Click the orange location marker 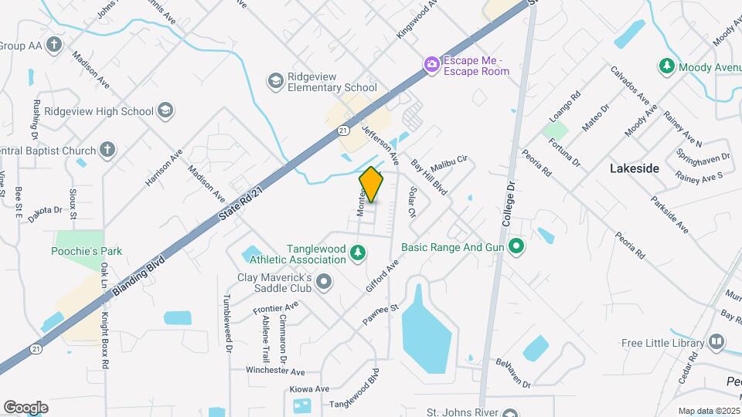(x=372, y=185)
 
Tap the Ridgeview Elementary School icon (x=275, y=80)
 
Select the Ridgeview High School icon (x=164, y=111)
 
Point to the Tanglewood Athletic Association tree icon (x=357, y=253)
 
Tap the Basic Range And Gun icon (x=516, y=248)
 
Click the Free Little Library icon (x=716, y=342)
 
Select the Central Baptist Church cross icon (x=107, y=151)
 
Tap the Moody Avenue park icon (x=666, y=67)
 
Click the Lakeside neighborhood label (x=635, y=168)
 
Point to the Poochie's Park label (x=88, y=252)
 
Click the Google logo (x=26, y=407)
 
